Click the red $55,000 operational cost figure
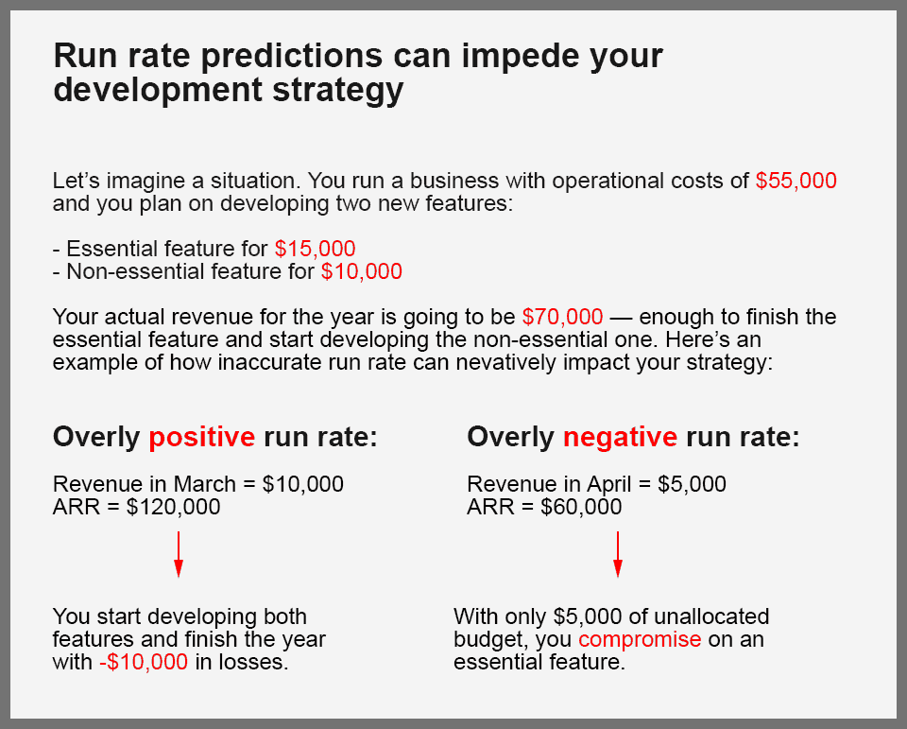coord(796,181)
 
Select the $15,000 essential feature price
coord(316,249)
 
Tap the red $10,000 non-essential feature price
coord(362,271)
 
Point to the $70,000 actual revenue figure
coord(562,317)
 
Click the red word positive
coord(202,437)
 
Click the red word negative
coord(620,437)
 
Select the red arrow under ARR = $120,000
coord(179,554)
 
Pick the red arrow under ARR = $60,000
coord(618,554)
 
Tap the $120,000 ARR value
coord(174,507)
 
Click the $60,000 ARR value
coord(581,507)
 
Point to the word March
coord(205,483)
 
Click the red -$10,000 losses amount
coord(144,662)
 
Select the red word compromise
coord(640,639)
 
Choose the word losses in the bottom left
coord(242,662)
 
